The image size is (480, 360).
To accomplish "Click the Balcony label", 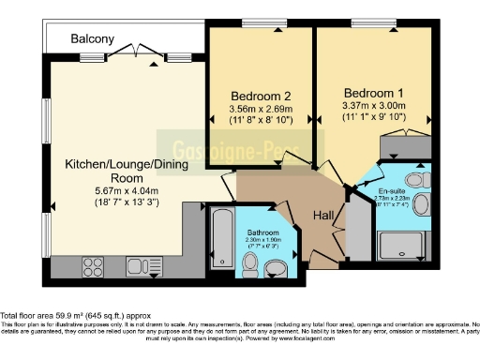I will point(93,39).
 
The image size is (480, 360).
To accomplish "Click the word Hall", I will point(323,217).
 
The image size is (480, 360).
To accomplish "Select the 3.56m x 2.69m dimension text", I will point(257,109).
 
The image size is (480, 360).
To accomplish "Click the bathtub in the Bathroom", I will point(221,237).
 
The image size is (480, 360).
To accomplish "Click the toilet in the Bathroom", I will point(276,269).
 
